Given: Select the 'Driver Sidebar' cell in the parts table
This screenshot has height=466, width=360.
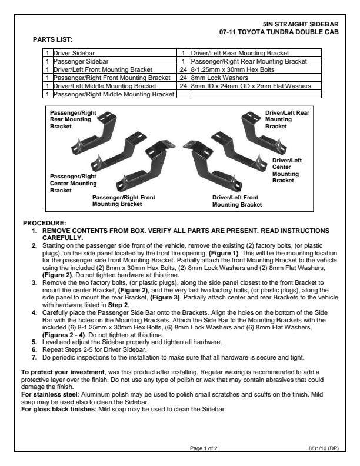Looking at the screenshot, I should [x=74, y=53].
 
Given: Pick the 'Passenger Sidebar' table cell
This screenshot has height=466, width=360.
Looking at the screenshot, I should [x=79, y=61].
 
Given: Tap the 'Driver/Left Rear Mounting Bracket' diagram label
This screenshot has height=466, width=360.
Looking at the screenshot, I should [x=286, y=119].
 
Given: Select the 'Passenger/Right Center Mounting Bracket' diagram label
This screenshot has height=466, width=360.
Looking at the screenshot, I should [x=73, y=183].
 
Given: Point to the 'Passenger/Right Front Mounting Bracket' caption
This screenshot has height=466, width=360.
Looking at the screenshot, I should [x=124, y=201].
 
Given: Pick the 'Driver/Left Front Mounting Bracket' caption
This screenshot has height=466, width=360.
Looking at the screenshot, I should [x=236, y=201].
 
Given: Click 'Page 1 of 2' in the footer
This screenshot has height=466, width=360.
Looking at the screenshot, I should [x=203, y=448].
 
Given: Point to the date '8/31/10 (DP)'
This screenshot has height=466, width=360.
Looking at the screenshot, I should [x=323, y=448].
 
